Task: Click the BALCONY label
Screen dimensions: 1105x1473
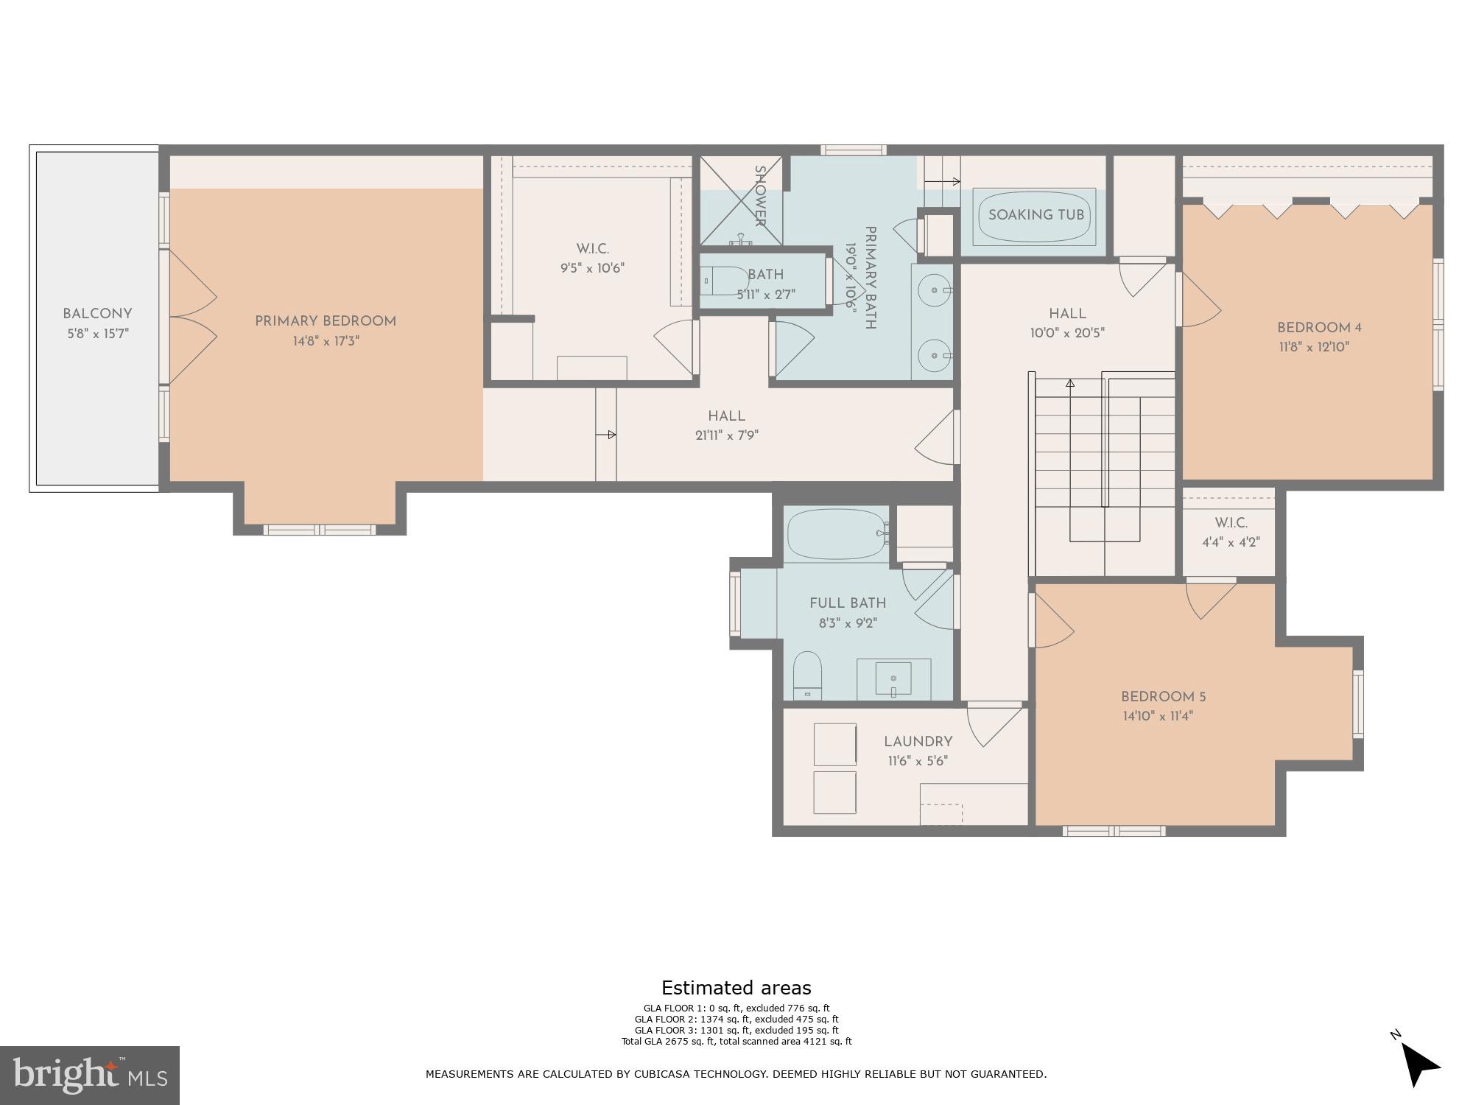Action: click(x=97, y=314)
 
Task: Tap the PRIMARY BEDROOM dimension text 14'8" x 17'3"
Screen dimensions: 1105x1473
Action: click(x=326, y=341)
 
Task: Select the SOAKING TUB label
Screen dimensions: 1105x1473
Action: click(x=1036, y=215)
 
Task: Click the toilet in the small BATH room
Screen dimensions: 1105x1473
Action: click(x=723, y=281)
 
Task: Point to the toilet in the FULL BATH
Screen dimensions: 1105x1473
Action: click(x=807, y=674)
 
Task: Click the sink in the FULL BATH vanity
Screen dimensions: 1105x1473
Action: click(x=893, y=678)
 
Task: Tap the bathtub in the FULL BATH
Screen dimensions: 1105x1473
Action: click(x=837, y=533)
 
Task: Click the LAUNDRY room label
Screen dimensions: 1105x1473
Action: click(x=918, y=742)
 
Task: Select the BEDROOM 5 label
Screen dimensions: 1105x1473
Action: click(x=1163, y=697)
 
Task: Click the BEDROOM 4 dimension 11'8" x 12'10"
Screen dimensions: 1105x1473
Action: click(x=1314, y=347)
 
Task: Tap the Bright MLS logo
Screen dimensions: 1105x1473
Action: click(x=89, y=1076)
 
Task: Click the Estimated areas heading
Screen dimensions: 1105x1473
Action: click(x=736, y=988)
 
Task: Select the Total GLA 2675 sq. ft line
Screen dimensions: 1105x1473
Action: click(x=736, y=1041)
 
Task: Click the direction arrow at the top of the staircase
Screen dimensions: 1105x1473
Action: click(x=1070, y=383)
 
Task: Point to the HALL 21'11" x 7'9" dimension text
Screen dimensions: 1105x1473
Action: click(x=726, y=435)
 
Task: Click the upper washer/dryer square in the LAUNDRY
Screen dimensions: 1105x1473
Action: click(x=834, y=744)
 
